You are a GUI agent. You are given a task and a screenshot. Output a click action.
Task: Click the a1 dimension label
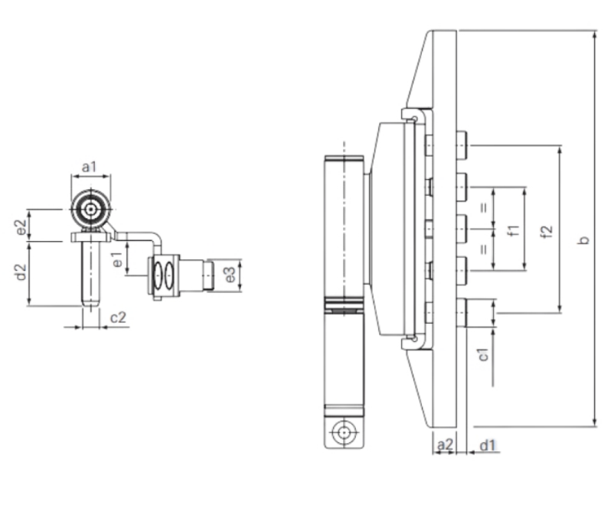coord(89,167)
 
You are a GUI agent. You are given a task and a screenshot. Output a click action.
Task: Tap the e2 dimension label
coord(21,227)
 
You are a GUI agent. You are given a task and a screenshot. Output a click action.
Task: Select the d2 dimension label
coord(21,272)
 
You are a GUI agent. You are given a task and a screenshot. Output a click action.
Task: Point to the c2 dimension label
coord(118,317)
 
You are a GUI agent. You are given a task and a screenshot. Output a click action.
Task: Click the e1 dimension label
coord(117,260)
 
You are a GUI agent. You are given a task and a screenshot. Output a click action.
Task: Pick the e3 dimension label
coord(230,275)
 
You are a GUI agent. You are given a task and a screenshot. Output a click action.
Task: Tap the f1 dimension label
coord(514,230)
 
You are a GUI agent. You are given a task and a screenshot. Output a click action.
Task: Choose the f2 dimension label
coord(547,231)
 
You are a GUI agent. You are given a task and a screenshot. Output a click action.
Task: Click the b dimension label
coord(584,240)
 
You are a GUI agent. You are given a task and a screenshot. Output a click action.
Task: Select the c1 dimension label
coord(484,354)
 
